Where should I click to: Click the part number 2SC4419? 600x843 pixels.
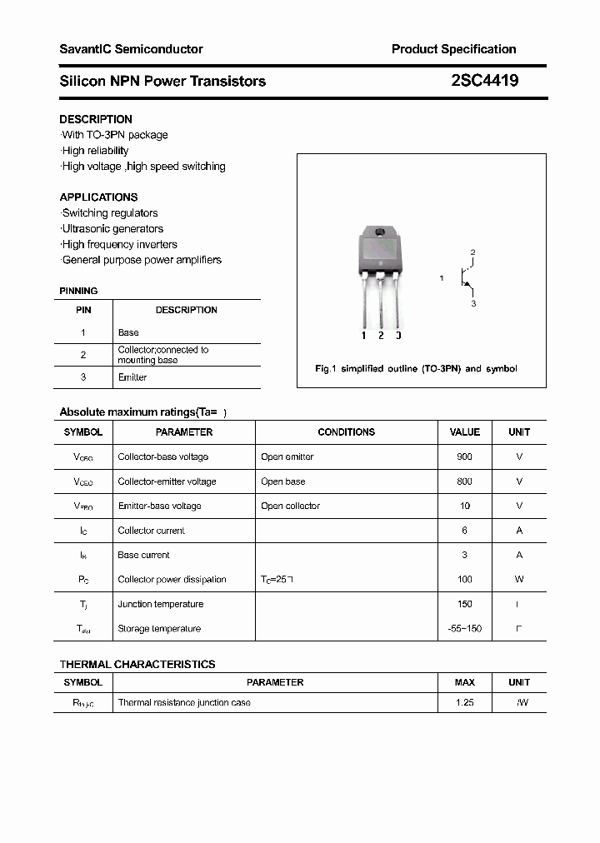click(484, 81)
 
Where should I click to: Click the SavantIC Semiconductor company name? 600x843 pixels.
click(131, 49)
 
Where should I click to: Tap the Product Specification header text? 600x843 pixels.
click(453, 49)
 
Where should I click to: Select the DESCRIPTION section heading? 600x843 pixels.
click(96, 119)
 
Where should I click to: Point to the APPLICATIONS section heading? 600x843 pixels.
click(98, 197)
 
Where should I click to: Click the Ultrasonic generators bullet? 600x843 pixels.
click(112, 228)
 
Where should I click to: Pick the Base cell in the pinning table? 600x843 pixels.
click(128, 332)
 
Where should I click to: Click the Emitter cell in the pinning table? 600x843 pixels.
click(132, 377)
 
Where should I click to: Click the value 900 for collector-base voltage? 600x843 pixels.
click(464, 456)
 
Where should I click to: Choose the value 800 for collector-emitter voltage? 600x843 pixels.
click(464, 481)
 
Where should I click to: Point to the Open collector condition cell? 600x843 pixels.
click(290, 506)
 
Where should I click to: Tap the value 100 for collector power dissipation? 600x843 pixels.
click(464, 579)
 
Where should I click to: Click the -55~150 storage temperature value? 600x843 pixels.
click(464, 628)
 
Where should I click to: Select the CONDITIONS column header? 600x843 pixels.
click(346, 432)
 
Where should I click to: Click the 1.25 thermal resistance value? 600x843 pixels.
click(464, 702)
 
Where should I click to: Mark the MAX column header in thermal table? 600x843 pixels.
click(464, 682)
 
